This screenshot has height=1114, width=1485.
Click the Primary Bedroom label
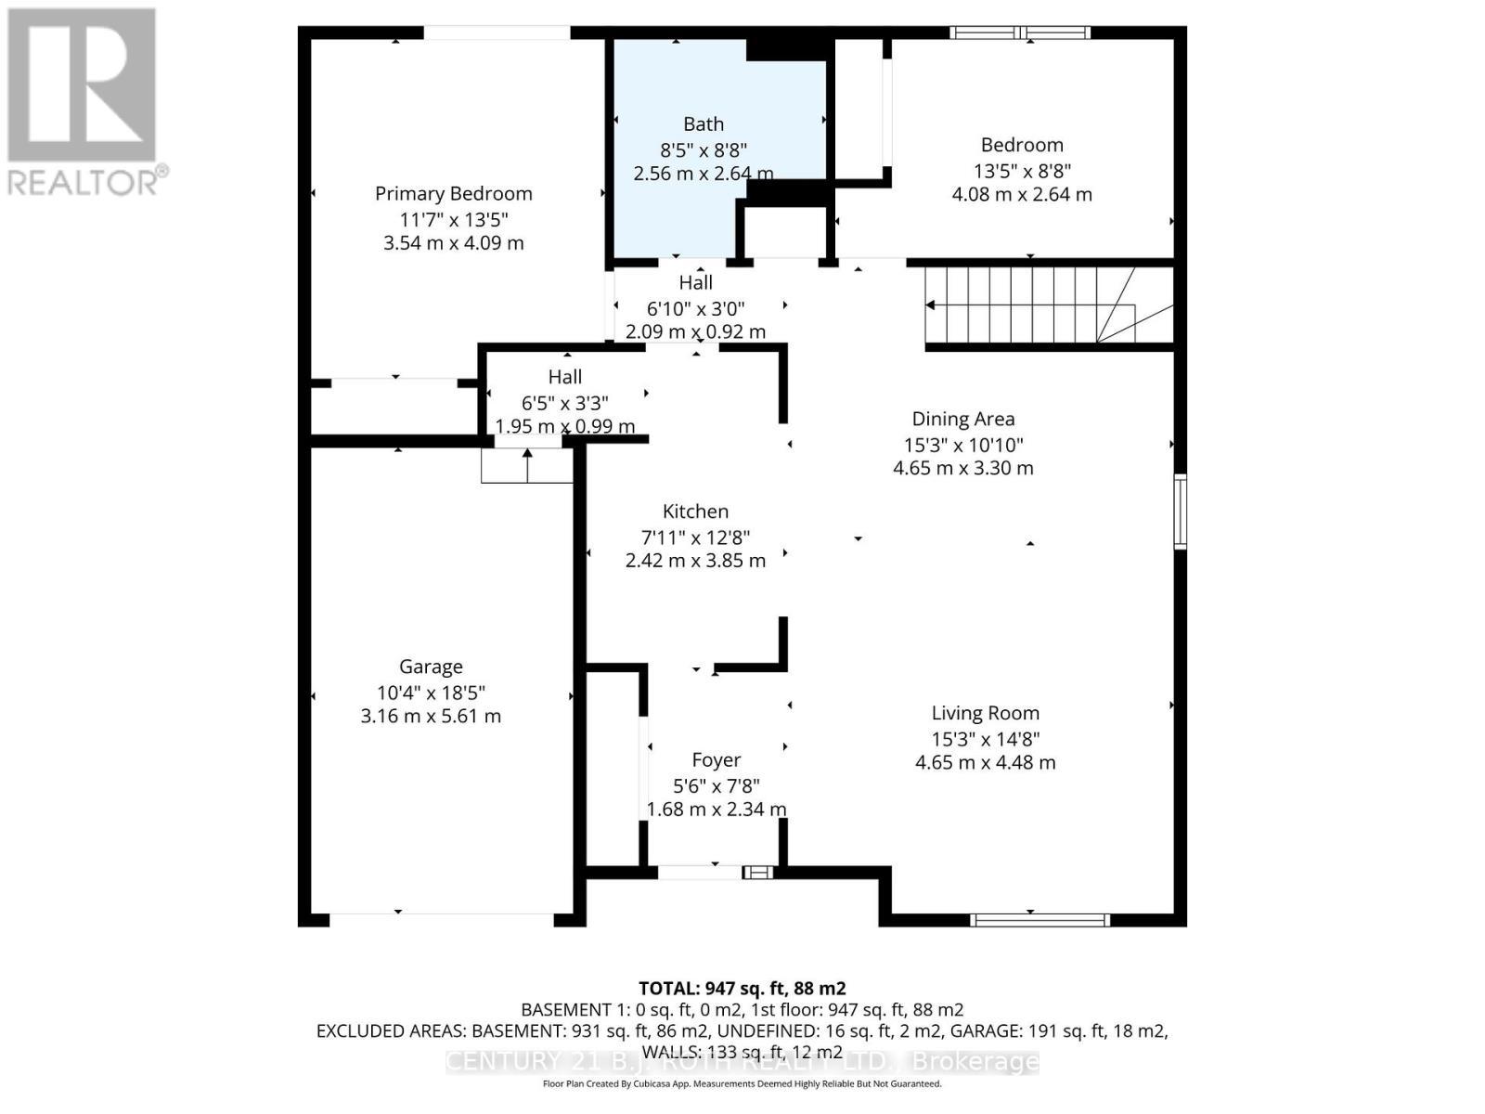[453, 193]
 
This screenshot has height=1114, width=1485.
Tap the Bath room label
[704, 123]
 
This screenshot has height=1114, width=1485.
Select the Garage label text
[431, 667]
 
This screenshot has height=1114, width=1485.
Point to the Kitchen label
[695, 512]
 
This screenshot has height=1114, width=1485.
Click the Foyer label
[716, 760]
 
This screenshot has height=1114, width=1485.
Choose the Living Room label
[985, 713]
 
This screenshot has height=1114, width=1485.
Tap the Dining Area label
[962, 419]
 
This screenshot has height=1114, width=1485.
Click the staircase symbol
[1030, 305]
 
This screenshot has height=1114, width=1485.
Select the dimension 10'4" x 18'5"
[431, 693]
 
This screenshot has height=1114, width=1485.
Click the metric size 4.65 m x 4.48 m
[985, 763]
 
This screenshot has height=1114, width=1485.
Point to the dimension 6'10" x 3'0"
[695, 307]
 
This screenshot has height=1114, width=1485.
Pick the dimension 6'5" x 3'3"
[564, 403]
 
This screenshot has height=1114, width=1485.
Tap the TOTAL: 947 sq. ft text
[742, 989]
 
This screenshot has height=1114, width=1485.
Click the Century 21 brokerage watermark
[742, 1062]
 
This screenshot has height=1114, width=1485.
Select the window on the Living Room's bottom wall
[1039, 920]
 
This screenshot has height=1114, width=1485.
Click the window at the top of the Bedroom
[1020, 33]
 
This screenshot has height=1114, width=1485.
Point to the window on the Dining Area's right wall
[1180, 512]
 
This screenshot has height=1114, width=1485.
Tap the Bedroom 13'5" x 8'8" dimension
[1021, 171]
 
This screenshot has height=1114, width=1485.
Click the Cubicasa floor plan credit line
[742, 1084]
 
